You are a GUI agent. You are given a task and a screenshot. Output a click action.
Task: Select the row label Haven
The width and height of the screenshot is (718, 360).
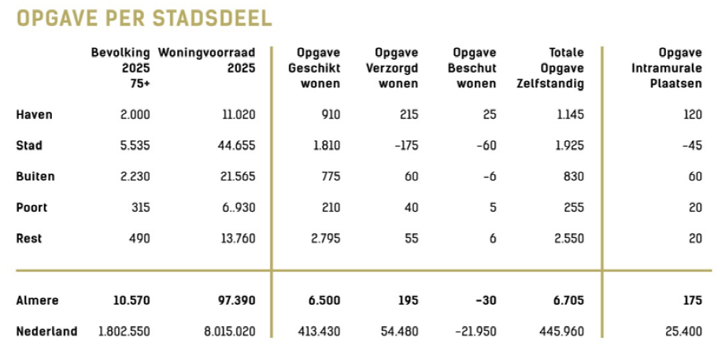coord(35,115)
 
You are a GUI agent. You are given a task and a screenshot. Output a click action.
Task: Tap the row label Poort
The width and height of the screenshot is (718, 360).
coord(32,208)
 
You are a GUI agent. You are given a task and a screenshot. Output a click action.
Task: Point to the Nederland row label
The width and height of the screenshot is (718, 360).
coord(47,332)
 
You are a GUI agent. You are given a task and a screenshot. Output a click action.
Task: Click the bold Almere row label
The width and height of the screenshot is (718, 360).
coord(38,301)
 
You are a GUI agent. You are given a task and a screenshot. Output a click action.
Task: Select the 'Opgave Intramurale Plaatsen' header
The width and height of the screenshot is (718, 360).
coord(666,69)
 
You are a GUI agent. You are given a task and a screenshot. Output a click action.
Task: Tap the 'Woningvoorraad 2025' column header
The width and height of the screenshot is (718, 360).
coord(207,61)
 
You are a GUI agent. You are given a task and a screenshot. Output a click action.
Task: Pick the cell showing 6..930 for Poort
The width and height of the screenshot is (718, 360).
coord(236,208)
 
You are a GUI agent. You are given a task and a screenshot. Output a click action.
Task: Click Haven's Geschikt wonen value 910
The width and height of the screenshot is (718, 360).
coord(331,115)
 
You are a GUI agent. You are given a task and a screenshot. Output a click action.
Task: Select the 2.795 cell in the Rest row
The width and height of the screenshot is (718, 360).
coord(324,239)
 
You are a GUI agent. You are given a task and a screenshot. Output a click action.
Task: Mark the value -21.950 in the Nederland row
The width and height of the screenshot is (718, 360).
coord(476,332)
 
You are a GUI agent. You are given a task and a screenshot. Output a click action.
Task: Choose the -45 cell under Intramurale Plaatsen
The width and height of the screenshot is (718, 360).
coord(691,146)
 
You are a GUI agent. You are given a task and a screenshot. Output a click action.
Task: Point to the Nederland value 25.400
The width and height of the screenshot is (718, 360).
coord(683,332)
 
